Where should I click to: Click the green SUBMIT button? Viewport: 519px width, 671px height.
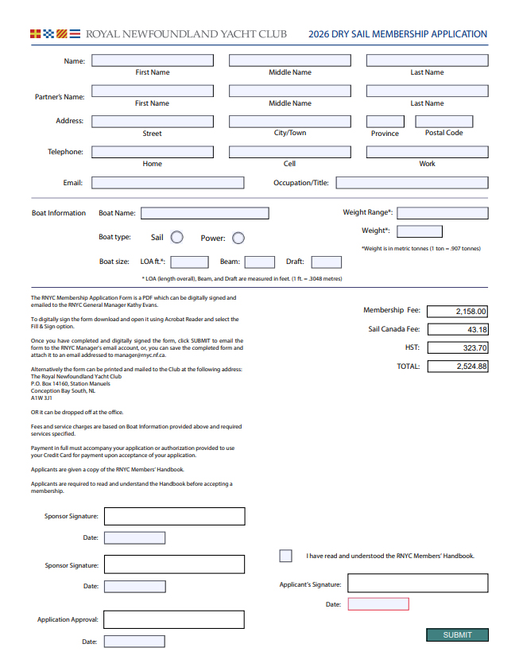[x=457, y=634]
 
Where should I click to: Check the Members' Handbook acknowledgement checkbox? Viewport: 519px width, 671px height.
[x=285, y=556]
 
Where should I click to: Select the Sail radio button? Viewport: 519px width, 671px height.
[x=177, y=238]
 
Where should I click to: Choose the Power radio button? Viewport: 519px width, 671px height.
[x=238, y=238]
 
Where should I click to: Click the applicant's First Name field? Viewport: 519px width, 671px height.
[x=153, y=60]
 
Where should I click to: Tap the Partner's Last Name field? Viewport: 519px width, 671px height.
[x=427, y=91]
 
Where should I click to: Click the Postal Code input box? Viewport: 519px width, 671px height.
[x=443, y=122]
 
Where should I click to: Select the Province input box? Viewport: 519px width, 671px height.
[x=385, y=122]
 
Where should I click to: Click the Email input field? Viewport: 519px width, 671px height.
[x=168, y=182]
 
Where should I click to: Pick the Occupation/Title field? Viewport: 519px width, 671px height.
[x=412, y=182]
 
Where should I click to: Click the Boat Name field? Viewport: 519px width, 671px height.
[x=204, y=213]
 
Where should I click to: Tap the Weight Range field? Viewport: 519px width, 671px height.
[x=442, y=212]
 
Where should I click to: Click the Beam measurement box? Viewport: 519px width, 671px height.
[x=260, y=262]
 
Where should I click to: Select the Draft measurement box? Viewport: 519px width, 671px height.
[x=326, y=262]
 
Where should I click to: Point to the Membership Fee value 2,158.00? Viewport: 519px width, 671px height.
[x=458, y=311]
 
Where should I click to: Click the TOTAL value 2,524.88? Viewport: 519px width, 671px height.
[x=458, y=367]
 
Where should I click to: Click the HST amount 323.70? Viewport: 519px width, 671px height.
[x=458, y=347]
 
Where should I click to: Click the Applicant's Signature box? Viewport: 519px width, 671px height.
[x=417, y=583]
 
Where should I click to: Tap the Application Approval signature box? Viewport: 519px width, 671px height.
[x=173, y=619]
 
